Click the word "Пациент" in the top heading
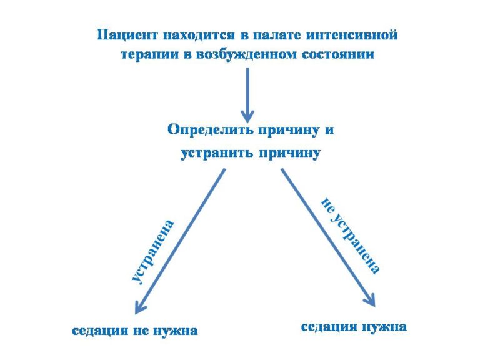point(127,35)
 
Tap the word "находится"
point(199,35)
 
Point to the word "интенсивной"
point(352,34)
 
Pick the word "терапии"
point(150,54)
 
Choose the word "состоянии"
point(338,54)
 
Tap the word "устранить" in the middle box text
point(217,152)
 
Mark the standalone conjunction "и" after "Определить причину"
point(329,130)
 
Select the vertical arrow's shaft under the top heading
point(247,92)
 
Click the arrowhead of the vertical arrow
point(247,117)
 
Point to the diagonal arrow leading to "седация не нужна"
point(180,241)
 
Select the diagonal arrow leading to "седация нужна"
point(328,237)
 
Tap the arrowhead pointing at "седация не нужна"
point(139,307)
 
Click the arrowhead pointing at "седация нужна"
point(371,300)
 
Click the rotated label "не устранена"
point(351,236)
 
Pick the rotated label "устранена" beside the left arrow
point(153,252)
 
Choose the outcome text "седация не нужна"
point(135,331)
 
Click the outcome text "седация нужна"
point(354,327)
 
